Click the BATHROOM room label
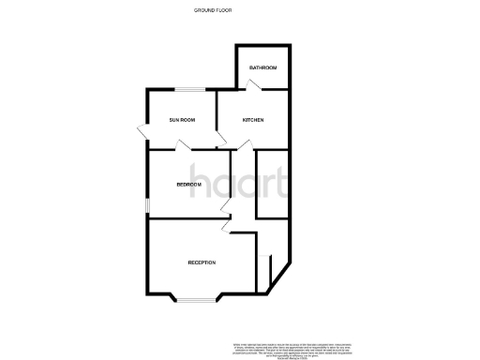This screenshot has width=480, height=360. [262, 68]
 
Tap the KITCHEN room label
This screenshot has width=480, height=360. [253, 120]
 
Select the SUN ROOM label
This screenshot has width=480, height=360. [181, 120]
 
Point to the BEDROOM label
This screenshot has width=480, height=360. [189, 185]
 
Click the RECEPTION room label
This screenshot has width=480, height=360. [202, 262]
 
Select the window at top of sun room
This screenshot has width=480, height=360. [194, 89]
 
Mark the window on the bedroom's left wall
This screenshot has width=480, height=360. [145, 204]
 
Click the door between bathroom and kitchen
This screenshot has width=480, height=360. [253, 85]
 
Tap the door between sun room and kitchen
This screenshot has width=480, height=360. [221, 142]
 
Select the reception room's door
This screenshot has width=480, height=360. [224, 226]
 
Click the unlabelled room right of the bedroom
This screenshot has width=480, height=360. [273, 185]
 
